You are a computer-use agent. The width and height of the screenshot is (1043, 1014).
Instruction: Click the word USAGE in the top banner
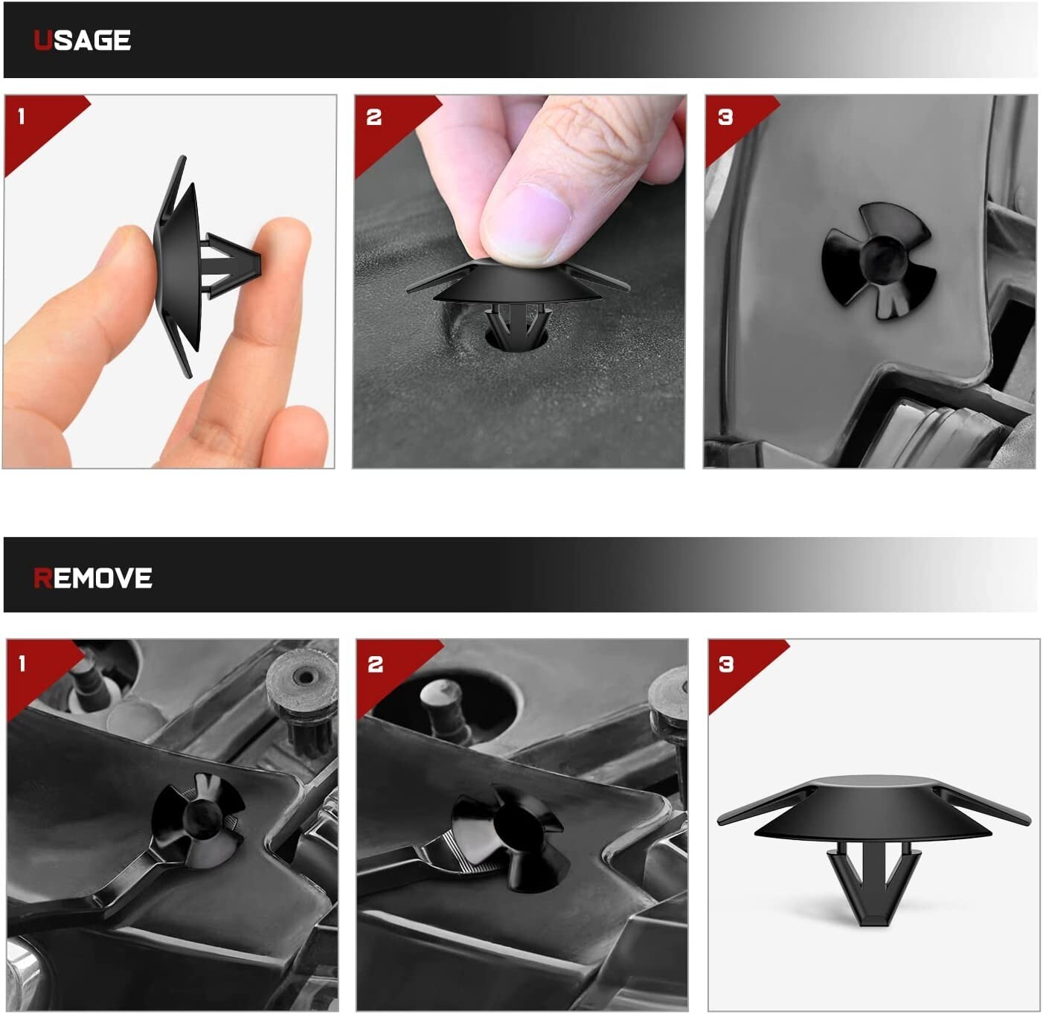[x=82, y=40]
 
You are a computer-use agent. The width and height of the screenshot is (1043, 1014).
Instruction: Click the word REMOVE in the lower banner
[x=93, y=578]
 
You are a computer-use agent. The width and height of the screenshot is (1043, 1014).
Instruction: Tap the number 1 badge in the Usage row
[x=22, y=116]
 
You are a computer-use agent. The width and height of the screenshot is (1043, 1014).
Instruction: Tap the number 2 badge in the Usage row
[x=373, y=117]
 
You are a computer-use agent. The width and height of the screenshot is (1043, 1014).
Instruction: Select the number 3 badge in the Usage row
[x=725, y=117]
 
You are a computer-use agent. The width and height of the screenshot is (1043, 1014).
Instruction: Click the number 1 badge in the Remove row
[x=22, y=664]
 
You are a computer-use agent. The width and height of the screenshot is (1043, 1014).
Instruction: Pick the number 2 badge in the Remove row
[x=376, y=664]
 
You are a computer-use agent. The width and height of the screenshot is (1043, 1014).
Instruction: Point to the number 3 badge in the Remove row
[x=726, y=664]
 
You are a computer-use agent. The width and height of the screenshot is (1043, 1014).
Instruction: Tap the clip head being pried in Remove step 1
[x=199, y=820]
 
